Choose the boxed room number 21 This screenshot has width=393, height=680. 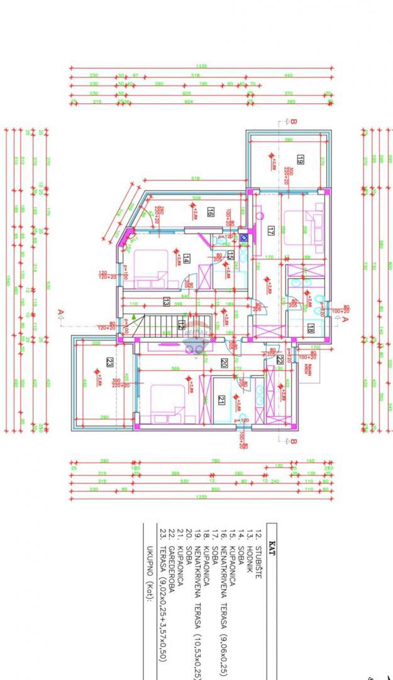tap(221, 399)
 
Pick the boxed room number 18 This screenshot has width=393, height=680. tap(311, 327)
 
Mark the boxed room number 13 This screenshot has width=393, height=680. tap(167, 302)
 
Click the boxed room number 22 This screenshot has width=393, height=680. tap(280, 360)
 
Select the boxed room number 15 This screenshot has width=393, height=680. tap(231, 255)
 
